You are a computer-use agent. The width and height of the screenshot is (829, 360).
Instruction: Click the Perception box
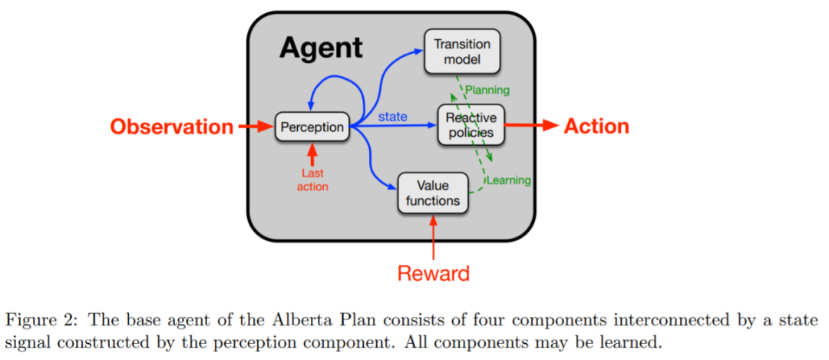[312, 127]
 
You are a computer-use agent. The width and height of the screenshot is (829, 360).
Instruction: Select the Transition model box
[461, 52]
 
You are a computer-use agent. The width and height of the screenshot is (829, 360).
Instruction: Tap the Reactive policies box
[471, 125]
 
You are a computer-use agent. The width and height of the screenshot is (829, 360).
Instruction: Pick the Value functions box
[433, 193]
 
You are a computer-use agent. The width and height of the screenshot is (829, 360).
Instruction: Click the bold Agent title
[320, 48]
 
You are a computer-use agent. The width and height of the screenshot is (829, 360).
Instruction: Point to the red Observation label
[171, 127]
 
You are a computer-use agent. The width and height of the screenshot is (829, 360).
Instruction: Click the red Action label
[596, 126]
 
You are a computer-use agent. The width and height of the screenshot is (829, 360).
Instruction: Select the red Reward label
[434, 272]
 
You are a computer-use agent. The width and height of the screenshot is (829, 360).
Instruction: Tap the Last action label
[312, 180]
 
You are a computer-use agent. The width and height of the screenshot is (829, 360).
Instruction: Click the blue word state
[392, 117]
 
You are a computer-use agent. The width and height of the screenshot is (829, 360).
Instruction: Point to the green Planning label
[487, 90]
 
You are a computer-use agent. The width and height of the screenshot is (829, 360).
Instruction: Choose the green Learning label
[508, 180]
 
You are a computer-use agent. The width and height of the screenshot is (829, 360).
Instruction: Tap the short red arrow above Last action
[312, 153]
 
